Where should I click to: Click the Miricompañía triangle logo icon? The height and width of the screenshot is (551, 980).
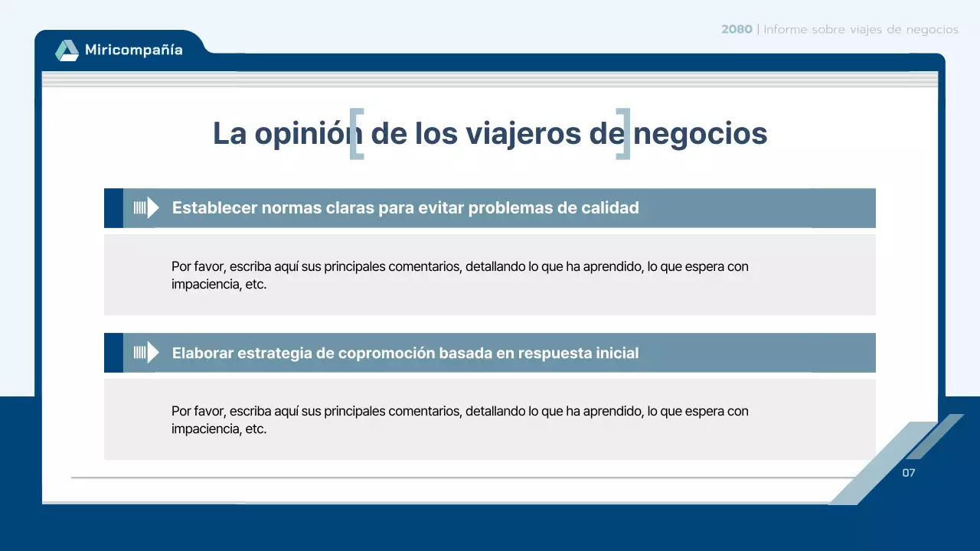(x=67, y=51)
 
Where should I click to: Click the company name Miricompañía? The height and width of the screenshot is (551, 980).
(x=134, y=51)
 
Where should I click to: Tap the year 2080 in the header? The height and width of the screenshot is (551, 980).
(x=736, y=29)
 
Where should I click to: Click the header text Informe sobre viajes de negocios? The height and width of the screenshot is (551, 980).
(x=861, y=29)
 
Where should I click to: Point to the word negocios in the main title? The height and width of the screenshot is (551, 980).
(x=700, y=134)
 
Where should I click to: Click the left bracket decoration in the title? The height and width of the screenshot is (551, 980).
(x=356, y=134)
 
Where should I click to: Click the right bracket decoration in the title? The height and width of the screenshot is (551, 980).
(x=623, y=134)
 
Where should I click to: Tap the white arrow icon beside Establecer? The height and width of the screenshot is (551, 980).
(x=146, y=207)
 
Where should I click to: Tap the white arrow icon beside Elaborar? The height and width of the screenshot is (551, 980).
(x=146, y=352)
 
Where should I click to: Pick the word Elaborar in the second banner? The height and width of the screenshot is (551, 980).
(x=203, y=353)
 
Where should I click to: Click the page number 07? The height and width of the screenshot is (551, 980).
(x=908, y=473)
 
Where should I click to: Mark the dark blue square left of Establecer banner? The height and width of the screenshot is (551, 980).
(x=113, y=207)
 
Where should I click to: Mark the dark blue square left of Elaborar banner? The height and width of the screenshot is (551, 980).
(x=113, y=352)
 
